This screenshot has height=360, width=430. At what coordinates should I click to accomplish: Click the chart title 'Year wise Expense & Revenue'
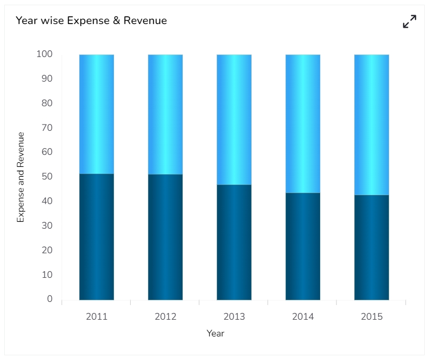point(92,21)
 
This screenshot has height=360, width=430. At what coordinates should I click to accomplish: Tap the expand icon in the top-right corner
point(410,21)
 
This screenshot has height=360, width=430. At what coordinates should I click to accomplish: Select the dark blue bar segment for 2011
point(97,237)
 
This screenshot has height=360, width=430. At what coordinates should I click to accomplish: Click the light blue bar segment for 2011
point(97,114)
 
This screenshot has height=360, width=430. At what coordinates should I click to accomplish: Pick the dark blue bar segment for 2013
point(234,242)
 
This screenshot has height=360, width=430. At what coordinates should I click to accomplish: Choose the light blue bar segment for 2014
point(303,123)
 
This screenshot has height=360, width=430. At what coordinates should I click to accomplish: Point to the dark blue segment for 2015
point(371,248)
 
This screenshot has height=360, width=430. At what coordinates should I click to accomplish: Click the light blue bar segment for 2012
point(165,114)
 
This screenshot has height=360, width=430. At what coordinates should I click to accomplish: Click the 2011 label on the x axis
point(97,317)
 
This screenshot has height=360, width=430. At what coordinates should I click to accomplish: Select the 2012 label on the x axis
point(165,317)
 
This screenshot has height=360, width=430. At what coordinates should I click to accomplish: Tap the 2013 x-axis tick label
point(234,317)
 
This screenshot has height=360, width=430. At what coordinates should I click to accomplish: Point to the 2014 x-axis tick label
point(303,317)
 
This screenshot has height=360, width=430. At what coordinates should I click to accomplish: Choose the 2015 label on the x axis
point(371,317)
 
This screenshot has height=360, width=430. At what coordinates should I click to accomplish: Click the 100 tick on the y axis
point(44,54)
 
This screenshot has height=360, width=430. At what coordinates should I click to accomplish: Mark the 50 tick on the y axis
point(47,176)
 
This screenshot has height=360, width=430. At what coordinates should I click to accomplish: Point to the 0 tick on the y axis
point(50,299)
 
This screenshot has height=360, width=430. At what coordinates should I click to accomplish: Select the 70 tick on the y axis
point(47,127)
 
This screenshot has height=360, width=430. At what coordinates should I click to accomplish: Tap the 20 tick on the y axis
point(47,250)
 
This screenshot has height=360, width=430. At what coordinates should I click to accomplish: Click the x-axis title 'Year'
point(216,333)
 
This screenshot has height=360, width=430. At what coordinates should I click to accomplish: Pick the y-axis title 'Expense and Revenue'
point(21,177)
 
